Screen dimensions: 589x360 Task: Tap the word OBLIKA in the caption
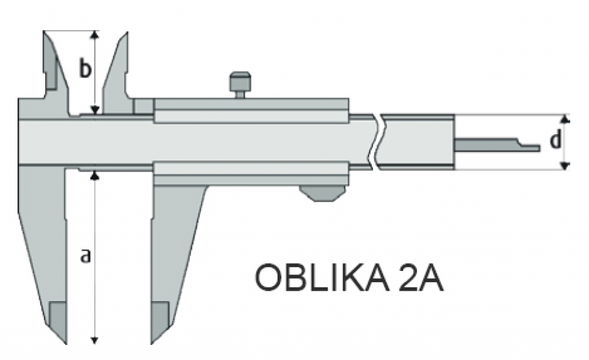322,278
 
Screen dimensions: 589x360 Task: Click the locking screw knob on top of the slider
240,84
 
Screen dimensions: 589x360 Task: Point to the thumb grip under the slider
323,193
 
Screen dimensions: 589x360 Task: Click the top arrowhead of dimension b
95,35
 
